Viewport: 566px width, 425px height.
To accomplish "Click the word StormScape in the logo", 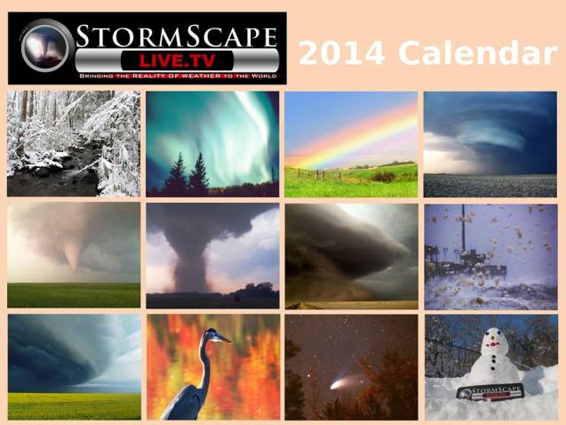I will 176,38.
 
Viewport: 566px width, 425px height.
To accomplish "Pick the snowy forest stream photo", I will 73,143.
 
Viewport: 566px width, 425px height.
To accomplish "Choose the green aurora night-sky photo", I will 212,143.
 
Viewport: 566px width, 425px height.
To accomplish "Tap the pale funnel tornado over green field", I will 72,253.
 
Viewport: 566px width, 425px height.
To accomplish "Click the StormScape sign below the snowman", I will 490,390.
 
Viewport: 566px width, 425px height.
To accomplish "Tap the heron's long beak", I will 223,338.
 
